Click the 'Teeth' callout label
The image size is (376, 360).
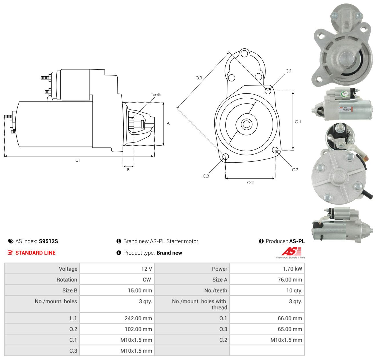[156, 95]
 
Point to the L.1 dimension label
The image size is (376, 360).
[77, 160]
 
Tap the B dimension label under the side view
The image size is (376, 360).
[128, 170]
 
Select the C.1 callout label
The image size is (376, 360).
[288, 71]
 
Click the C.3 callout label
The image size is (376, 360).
[206, 176]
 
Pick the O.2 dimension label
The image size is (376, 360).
[250, 182]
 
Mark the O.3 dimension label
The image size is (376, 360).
[199, 78]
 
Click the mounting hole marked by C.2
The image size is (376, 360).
[275, 150]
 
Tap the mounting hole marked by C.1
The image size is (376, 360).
[268, 91]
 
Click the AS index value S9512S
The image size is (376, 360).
[48, 241]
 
